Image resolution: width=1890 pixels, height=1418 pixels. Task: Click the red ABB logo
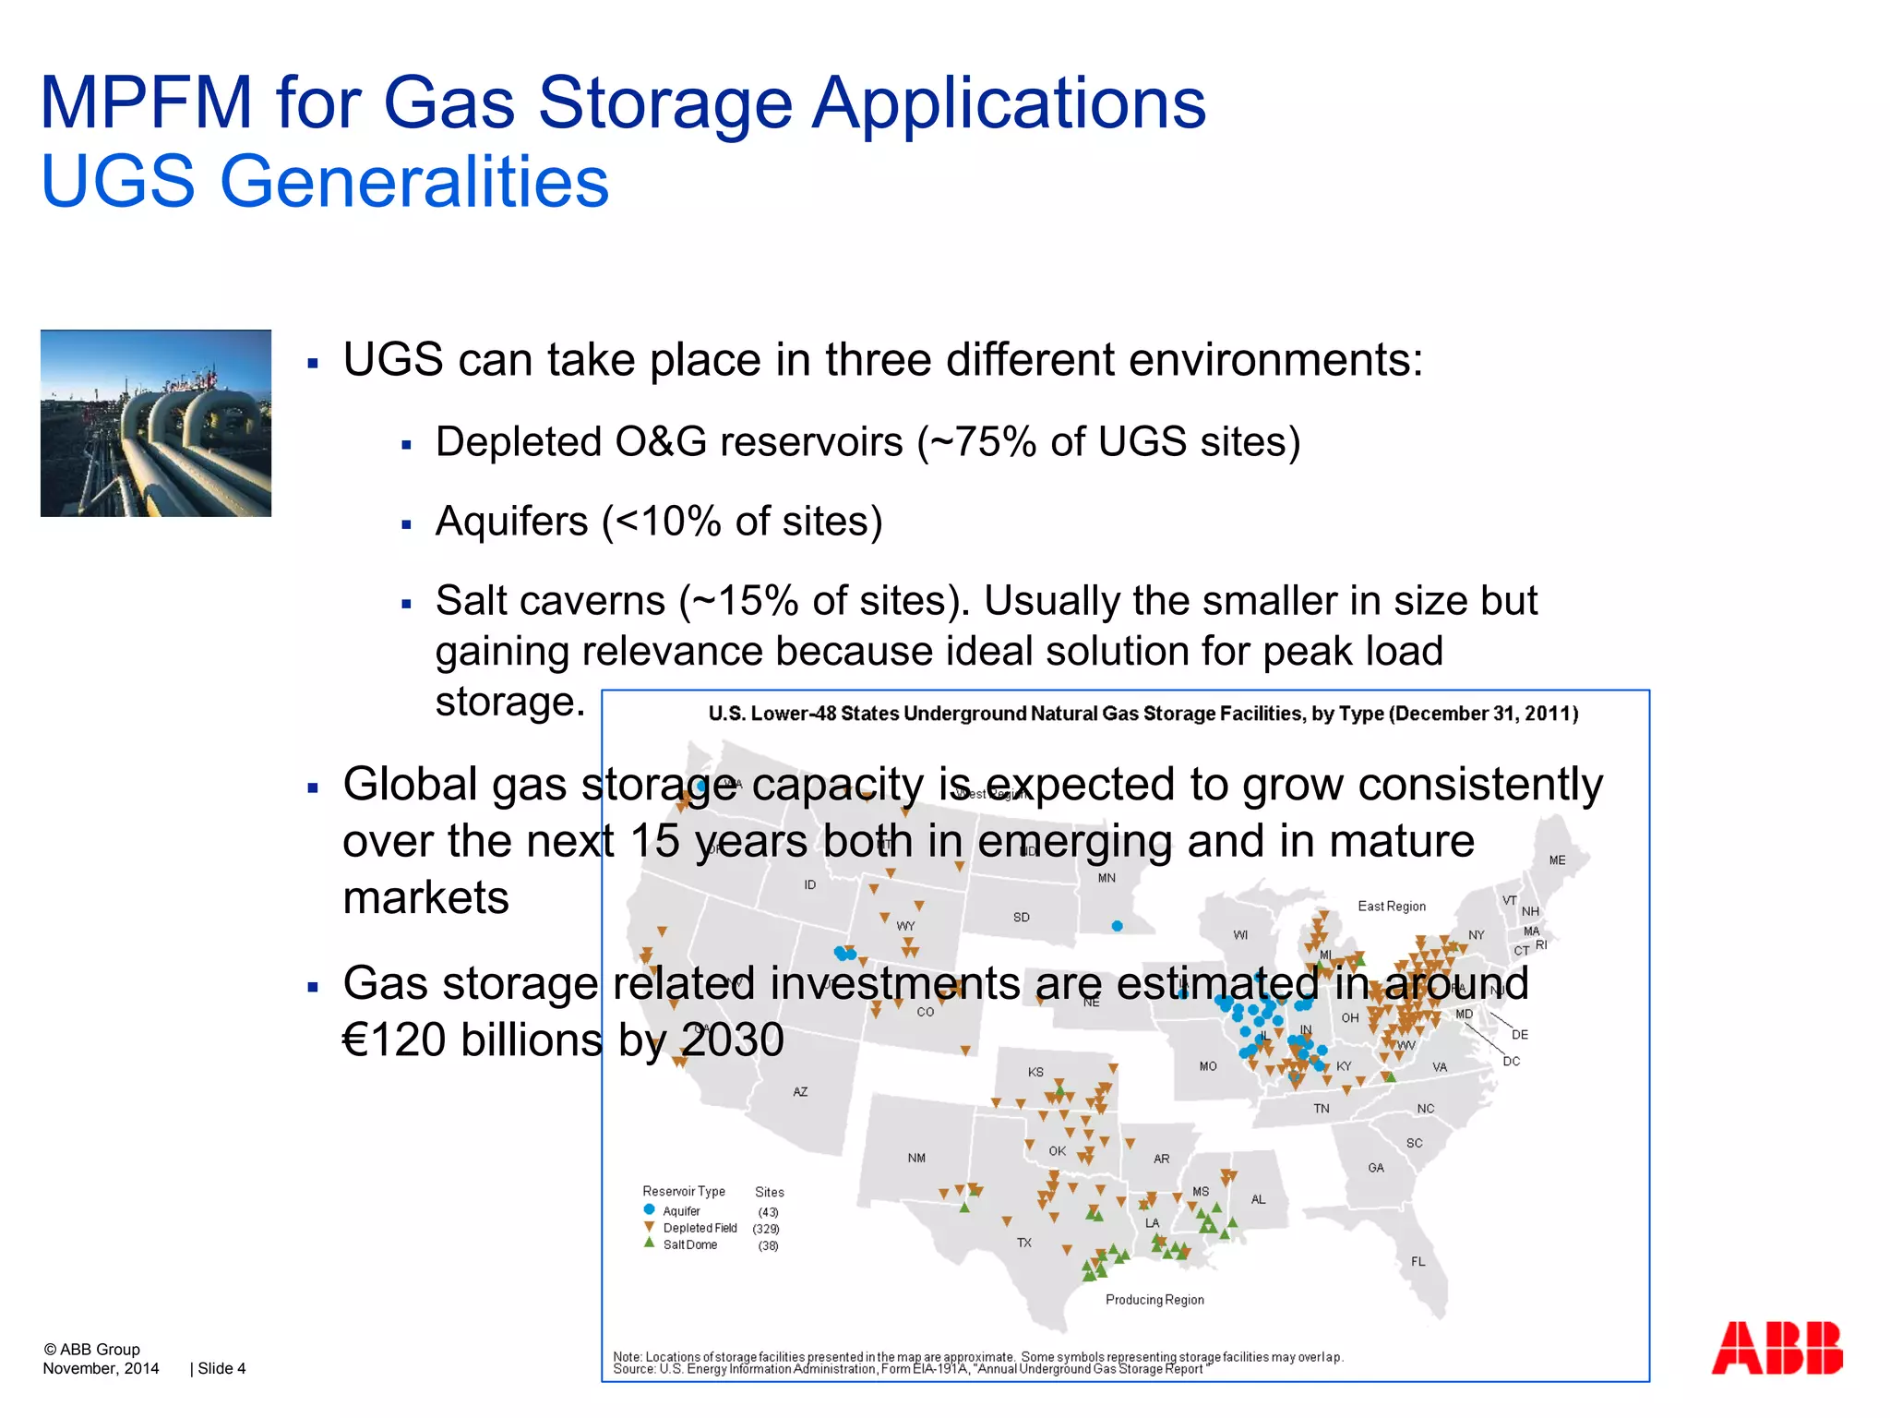1776,1348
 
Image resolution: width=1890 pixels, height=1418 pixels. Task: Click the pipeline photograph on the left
156,423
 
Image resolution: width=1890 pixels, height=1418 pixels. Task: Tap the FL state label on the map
1417,1261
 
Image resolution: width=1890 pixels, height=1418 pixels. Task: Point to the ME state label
1557,860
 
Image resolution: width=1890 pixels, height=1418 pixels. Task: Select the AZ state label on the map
800,1092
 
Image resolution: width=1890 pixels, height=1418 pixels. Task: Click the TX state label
1023,1243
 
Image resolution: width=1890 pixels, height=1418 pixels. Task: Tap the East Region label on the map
1391,907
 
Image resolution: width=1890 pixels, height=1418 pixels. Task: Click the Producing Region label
1154,1300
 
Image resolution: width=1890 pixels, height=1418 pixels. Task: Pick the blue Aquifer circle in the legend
649,1209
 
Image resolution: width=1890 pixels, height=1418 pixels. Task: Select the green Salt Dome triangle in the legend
649,1244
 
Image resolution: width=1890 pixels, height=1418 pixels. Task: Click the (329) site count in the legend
766,1229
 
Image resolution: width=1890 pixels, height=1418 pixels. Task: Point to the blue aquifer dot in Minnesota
1117,926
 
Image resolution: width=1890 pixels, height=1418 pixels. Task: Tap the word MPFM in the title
146,102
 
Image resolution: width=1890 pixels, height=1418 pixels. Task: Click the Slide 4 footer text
221,1368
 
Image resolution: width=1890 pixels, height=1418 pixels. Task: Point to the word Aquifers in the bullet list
511,522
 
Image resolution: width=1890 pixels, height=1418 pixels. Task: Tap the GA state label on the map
1375,1168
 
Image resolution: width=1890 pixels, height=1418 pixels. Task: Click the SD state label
1021,918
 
